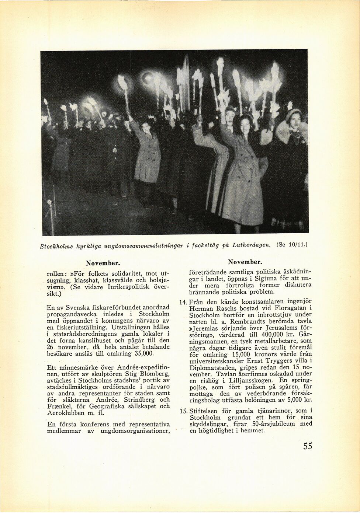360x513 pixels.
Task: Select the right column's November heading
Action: point(245,262)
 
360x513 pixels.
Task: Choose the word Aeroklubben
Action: point(66,413)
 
